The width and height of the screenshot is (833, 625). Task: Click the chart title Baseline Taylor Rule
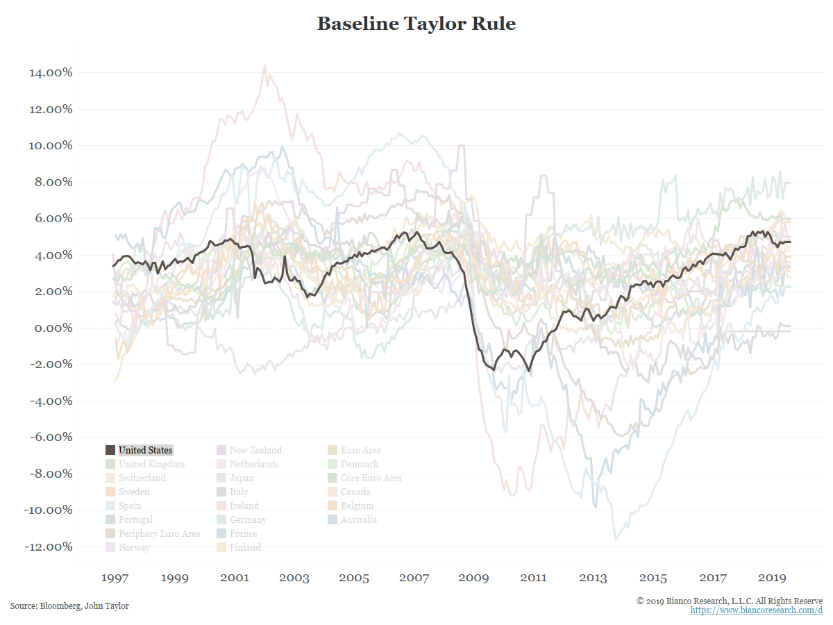tap(416, 24)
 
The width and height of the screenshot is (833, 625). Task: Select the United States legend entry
tap(145, 450)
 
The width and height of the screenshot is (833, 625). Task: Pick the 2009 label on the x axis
tap(473, 578)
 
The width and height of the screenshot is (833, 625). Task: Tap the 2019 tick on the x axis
tap(772, 578)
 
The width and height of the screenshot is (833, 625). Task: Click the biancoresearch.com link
tap(756, 610)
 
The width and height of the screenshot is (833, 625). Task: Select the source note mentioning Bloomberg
tap(69, 606)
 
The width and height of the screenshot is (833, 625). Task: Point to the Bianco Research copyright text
tap(730, 601)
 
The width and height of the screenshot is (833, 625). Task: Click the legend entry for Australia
tap(359, 519)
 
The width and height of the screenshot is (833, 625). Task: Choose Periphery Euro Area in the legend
tap(159, 533)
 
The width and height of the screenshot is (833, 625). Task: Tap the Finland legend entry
tap(245, 547)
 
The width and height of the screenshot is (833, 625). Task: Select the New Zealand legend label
tap(255, 450)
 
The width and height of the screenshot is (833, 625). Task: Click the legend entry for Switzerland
tap(142, 478)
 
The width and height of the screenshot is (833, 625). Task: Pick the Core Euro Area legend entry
tap(371, 478)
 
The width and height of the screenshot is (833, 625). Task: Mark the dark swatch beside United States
tap(110, 450)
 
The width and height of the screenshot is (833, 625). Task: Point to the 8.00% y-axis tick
tap(50, 182)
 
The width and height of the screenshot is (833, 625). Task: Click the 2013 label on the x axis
tap(593, 578)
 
